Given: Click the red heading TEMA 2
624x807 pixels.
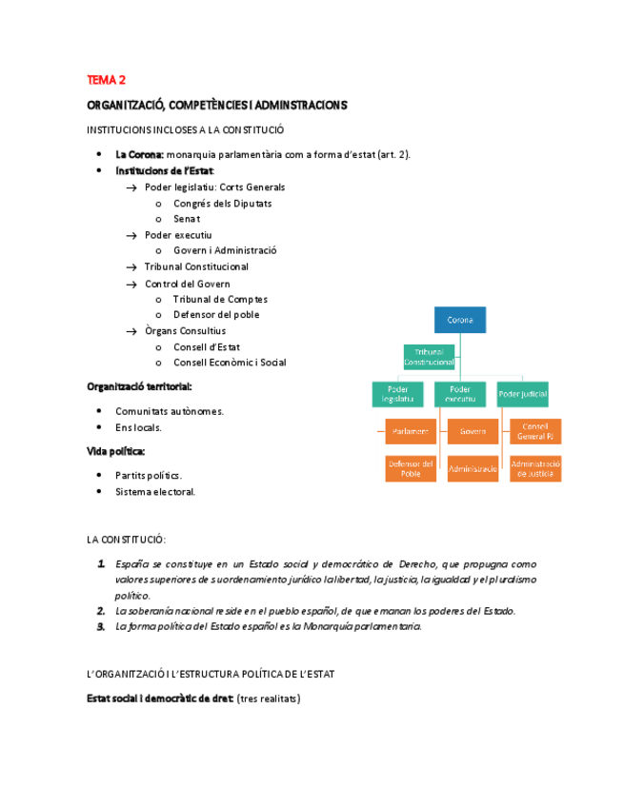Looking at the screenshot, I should click(x=107, y=80).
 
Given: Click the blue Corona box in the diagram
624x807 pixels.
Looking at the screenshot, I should click(x=460, y=320).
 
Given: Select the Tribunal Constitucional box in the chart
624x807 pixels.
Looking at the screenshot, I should click(x=429, y=357).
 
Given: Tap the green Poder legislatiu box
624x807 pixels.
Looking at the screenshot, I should click(x=397, y=394).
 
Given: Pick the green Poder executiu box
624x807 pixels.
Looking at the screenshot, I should click(x=460, y=394).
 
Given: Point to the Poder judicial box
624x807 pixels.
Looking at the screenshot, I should click(x=523, y=394).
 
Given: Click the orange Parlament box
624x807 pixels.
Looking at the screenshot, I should click(x=411, y=431).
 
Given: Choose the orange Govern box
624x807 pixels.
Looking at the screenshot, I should click(x=473, y=431).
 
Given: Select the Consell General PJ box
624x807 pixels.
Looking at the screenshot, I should click(x=535, y=431).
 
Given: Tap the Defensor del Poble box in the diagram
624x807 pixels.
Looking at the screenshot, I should click(x=411, y=468).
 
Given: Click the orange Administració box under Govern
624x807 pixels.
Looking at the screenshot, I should click(x=473, y=468).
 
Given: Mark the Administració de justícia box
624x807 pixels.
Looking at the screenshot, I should click(x=535, y=468).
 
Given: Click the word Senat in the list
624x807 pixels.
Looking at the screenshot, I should click(x=187, y=219).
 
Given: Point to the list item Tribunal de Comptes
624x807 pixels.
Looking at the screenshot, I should click(x=220, y=299).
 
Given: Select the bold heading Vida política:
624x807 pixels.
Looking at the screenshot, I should click(x=116, y=451).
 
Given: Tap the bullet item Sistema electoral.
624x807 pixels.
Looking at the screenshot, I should click(x=155, y=492).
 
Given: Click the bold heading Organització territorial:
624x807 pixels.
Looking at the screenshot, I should click(x=139, y=386).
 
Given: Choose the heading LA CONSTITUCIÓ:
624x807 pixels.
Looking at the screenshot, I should click(x=126, y=540).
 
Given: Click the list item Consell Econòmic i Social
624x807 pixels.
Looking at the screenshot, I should click(x=230, y=363).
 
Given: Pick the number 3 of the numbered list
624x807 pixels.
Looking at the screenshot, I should click(x=101, y=626).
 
